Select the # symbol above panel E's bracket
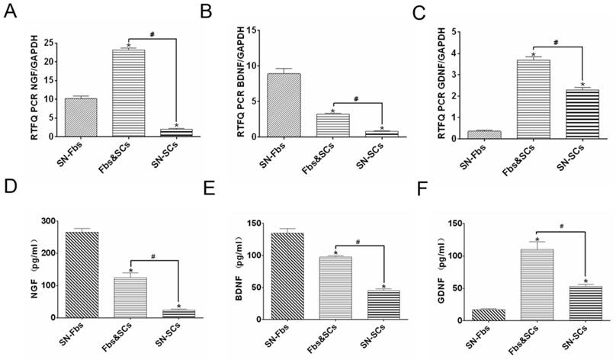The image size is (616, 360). pos(356,242)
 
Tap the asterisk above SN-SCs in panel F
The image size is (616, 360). pos(586,281)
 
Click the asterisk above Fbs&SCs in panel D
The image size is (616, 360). pos(130,271)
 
